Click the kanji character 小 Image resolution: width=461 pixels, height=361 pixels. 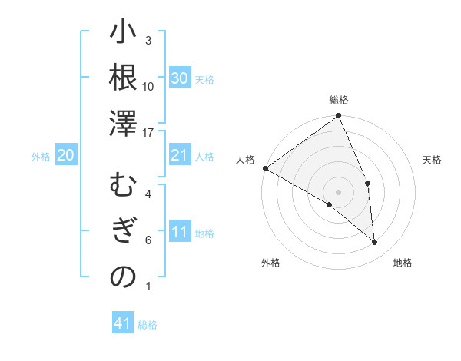coord(123,35)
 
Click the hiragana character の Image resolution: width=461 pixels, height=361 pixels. coord(123,277)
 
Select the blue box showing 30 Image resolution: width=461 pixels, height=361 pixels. coord(180,78)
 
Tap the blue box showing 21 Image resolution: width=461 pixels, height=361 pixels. coord(180,156)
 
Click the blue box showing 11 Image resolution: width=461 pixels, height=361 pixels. coord(180,233)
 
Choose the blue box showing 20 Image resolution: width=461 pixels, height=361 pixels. coord(66,156)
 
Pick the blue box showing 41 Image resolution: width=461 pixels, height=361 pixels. coord(123,323)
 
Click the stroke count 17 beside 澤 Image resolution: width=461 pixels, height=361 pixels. coord(148,133)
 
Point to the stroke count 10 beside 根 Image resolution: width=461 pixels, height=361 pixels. coord(148,86)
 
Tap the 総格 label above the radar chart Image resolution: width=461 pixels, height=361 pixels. coord(339,100)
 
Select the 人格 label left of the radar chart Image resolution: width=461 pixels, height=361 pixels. coord(246,160)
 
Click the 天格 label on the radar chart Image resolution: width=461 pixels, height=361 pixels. coord(432,160)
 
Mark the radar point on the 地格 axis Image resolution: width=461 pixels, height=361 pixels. coord(374,242)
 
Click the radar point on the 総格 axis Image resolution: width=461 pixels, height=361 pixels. coord(339,117)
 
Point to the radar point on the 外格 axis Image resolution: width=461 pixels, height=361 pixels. coord(330,204)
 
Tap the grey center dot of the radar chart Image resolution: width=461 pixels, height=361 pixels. coord(339,191)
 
